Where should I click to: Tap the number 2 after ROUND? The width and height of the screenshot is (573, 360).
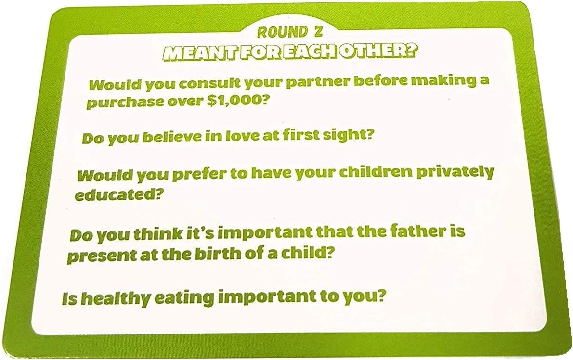316,33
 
